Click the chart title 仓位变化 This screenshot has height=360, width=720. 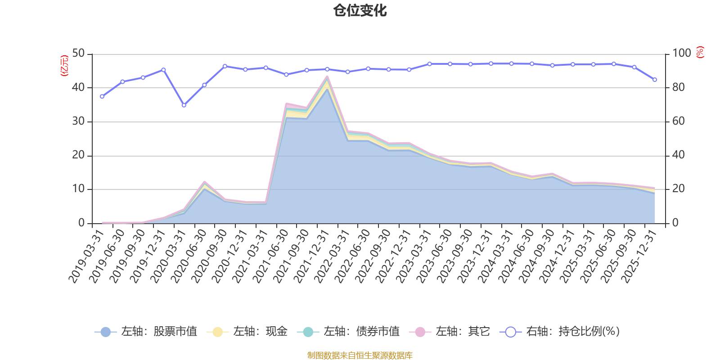pos(360,10)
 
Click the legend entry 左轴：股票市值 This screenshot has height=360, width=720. pos(146,332)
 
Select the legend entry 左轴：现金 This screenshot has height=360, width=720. pos(247,332)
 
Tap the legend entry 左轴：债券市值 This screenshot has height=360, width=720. pos(348,332)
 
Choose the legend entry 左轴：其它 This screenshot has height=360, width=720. pos(450,332)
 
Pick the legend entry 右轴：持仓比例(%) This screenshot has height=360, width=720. pos(560,332)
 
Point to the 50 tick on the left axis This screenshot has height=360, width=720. pos(78,54)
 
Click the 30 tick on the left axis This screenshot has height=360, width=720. pos(78,121)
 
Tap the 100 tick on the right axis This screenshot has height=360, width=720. pos(681,54)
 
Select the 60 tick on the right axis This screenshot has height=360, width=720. pos(678,121)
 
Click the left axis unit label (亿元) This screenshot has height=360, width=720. pos(64,66)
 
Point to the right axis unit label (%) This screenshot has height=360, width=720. pos(700,52)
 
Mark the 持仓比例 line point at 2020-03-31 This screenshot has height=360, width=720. pos(184,105)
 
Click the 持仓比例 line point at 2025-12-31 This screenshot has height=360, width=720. pos(655,80)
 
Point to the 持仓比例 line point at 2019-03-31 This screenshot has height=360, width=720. pos(102,96)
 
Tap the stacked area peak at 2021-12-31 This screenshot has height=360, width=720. pos(327,76)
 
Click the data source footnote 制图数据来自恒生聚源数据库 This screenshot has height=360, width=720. pos(360,355)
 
